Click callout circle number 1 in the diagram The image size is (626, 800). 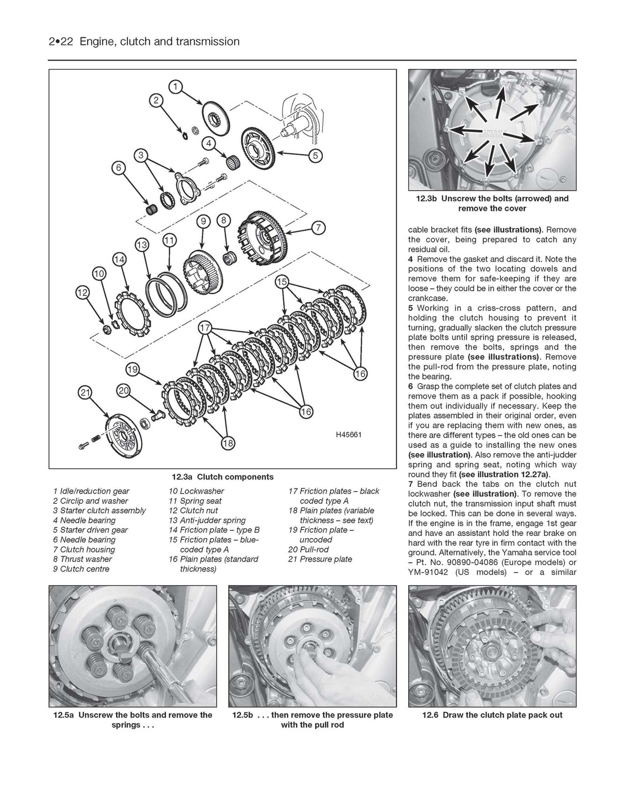point(175,87)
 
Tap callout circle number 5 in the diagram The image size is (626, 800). point(315,156)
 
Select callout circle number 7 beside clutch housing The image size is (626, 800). point(318,228)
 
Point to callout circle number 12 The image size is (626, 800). point(82,293)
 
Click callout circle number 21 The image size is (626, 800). point(85,393)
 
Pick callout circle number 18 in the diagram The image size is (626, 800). point(228,443)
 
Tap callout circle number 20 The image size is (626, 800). point(123,391)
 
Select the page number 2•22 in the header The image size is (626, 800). point(62,42)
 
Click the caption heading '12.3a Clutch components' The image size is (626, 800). point(223,477)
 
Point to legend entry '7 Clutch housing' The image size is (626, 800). point(84,549)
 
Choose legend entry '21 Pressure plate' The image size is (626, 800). point(320,559)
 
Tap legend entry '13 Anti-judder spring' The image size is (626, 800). point(207,520)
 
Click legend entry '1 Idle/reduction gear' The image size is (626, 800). point(91,491)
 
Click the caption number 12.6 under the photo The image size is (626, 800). point(431,715)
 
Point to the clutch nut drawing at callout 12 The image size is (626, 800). point(106,329)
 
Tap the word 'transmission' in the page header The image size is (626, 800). point(208,42)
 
